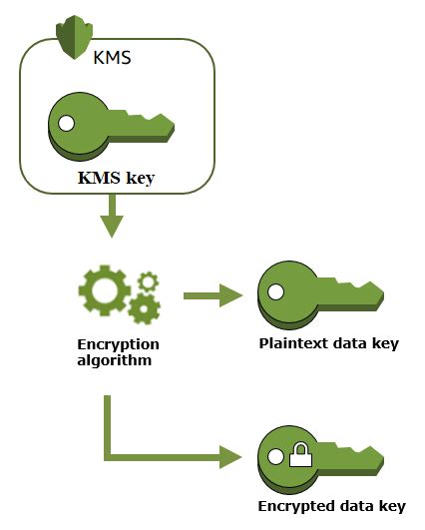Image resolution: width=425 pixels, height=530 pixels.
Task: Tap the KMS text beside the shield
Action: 113,56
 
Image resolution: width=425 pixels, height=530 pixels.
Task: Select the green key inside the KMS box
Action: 111,125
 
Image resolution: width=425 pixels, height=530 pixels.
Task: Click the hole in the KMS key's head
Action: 67,124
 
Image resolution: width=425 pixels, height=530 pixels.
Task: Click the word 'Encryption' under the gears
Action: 118,344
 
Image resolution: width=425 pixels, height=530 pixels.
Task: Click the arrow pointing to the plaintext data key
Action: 213,295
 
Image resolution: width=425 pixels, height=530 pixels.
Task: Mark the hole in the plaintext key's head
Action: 276,292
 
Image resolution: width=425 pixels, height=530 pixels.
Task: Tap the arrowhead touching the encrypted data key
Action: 230,457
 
